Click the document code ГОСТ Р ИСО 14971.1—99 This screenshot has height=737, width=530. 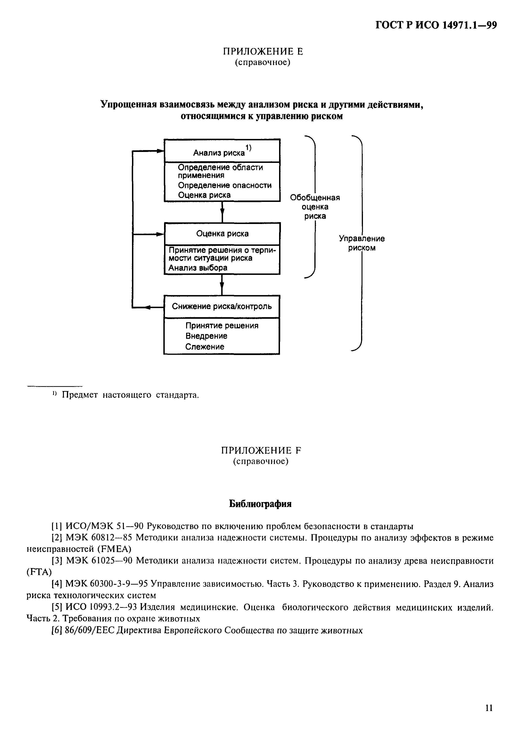[436, 25]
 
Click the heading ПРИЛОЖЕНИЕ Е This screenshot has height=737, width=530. [262, 51]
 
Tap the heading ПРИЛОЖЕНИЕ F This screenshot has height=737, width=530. [261, 450]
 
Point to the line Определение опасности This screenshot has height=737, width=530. [224, 185]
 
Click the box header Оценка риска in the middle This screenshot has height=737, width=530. [222, 234]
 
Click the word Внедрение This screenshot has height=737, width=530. [206, 336]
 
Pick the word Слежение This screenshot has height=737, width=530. [205, 347]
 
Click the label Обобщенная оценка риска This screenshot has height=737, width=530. [315, 207]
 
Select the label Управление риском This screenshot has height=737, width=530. [362, 243]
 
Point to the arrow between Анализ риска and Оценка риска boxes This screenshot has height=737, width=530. [222, 212]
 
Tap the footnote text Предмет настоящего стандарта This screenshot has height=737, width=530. [130, 395]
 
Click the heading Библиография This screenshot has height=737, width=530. [260, 504]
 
